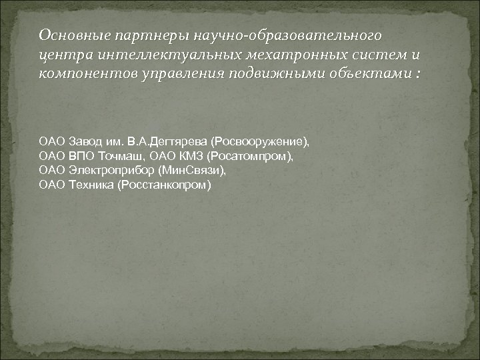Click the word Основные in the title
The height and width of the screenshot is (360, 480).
pos(67,34)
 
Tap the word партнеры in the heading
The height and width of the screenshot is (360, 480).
pos(143,34)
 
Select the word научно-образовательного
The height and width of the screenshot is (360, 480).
pos(285,34)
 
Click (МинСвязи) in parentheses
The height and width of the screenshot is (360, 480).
pos(191,170)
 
